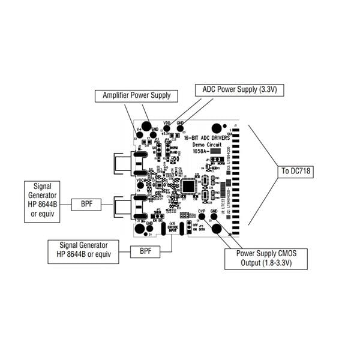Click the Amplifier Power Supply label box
coord(136,95)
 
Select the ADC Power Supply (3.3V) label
coord(239,90)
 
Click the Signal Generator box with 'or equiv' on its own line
coord(42,200)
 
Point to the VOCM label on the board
coord(142,180)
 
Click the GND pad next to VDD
coord(180,128)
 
